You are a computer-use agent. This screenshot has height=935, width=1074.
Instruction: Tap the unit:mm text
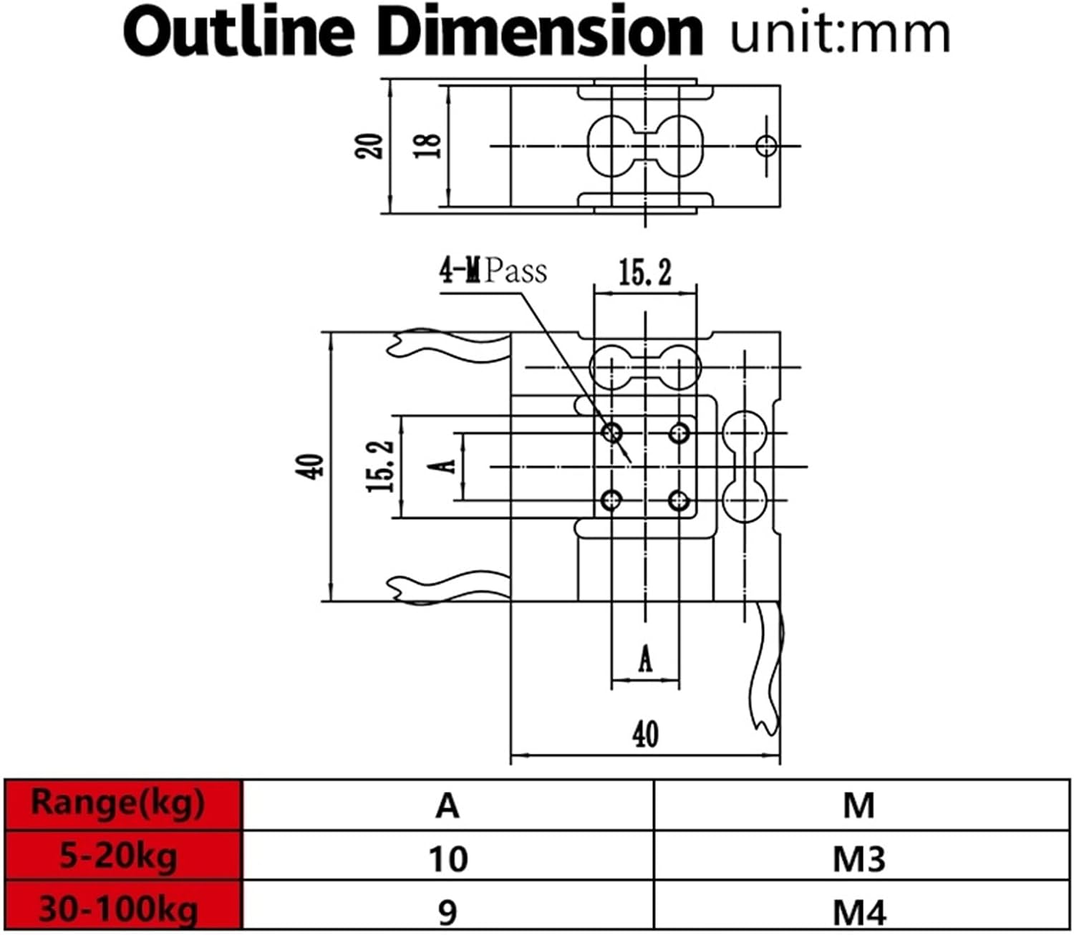click(840, 33)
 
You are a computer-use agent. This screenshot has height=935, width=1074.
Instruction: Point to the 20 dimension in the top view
click(370, 146)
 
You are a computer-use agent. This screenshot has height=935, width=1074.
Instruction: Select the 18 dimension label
click(429, 146)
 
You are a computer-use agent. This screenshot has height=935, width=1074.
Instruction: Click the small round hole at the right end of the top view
click(766, 146)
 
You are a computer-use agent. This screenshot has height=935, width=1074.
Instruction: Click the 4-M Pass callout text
click(493, 271)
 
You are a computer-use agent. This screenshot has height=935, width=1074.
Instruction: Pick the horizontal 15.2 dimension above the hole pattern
click(644, 273)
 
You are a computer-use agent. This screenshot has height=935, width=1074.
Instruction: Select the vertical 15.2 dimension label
click(380, 465)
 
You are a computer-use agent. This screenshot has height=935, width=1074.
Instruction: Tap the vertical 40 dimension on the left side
click(314, 466)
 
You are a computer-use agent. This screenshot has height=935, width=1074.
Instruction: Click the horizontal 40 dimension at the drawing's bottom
click(644, 735)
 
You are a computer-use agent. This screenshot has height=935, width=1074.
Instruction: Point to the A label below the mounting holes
click(645, 659)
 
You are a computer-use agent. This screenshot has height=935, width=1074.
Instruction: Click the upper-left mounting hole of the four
click(612, 432)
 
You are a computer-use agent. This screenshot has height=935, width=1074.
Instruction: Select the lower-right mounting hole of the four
click(678, 500)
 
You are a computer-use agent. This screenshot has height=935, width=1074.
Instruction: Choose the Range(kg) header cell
click(119, 803)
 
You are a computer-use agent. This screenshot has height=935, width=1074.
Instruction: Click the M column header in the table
click(858, 805)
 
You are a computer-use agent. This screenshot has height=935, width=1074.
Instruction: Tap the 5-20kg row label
click(119, 856)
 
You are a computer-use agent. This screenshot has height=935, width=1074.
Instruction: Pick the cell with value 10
click(447, 858)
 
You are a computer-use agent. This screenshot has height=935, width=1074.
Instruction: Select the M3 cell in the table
click(858, 858)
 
